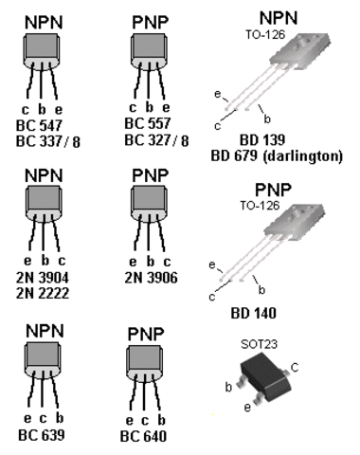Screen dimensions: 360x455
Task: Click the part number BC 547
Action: tap(39, 125)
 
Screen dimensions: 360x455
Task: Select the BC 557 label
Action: tap(148, 123)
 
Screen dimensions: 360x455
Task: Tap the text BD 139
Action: tap(262, 139)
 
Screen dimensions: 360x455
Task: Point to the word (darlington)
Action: tap(303, 156)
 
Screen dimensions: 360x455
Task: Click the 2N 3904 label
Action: tap(43, 278)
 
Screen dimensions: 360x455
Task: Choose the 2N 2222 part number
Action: tap(43, 293)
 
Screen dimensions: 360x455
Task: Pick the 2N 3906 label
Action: tap(151, 278)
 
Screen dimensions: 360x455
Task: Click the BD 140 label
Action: tap(254, 313)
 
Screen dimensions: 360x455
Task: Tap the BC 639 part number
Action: tap(42, 435)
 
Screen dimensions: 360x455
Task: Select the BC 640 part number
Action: tap(143, 436)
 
